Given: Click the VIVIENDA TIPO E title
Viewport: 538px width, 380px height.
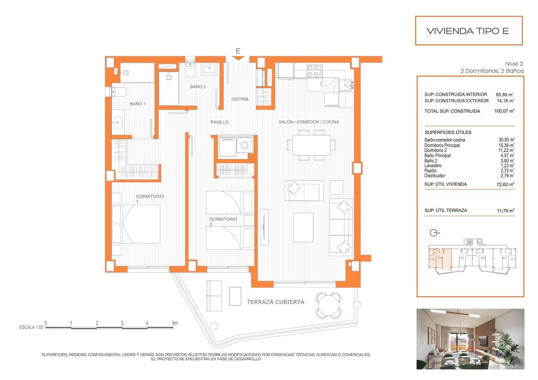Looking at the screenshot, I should (468, 31).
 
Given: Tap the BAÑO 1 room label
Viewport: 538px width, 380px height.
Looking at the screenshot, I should (138, 104).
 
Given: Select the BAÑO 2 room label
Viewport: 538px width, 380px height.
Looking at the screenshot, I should (198, 87).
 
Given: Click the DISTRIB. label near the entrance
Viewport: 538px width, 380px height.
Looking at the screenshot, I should (240, 99).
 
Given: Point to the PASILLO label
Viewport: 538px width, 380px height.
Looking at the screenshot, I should (220, 122).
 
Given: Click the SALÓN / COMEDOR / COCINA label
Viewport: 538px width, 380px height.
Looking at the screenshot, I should (309, 122).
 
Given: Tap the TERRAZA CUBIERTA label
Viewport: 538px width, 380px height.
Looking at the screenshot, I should (275, 302).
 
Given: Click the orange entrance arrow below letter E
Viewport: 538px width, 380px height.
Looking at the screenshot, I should (238, 58).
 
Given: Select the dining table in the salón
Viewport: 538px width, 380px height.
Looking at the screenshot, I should (311, 145).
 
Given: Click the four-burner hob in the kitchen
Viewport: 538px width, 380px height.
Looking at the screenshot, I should (314, 71).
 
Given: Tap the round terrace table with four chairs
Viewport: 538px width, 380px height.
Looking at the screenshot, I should (329, 305).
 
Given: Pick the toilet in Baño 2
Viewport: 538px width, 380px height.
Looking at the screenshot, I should (190, 69).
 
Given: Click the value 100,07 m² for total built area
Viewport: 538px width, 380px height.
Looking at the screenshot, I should (504, 111).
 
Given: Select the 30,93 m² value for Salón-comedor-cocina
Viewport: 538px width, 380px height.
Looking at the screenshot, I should (506, 140).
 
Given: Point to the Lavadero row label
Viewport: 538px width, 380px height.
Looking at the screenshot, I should (433, 165).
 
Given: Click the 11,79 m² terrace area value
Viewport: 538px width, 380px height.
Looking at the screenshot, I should (505, 211).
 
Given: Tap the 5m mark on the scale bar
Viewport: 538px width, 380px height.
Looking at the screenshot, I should (174, 323).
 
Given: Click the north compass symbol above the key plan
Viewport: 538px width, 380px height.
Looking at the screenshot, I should (434, 233).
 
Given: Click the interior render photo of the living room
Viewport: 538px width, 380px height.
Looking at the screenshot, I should (470, 339).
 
